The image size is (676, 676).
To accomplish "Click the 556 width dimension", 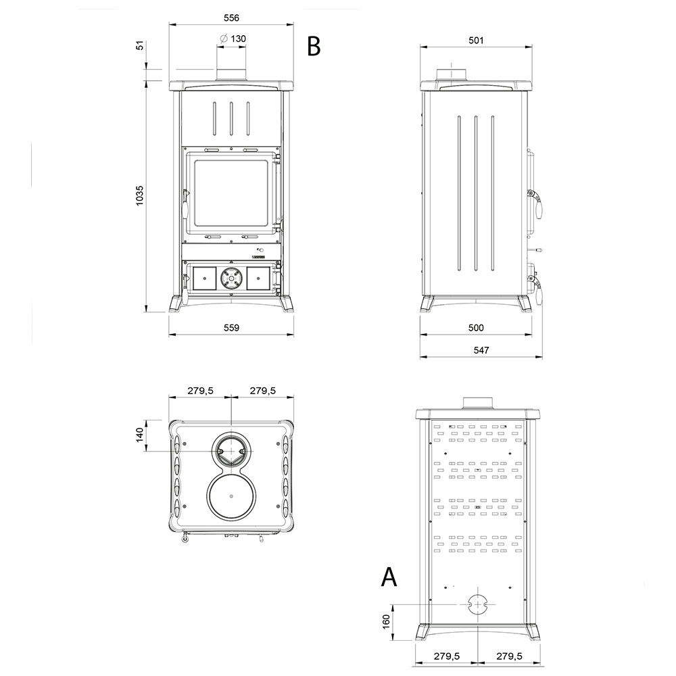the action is point(231,18).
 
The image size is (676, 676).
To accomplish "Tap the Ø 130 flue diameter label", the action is point(233,39).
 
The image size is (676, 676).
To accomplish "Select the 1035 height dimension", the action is point(140,195).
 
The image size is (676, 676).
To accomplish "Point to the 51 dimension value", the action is point(140,45).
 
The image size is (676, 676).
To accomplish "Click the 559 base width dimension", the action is point(231,328).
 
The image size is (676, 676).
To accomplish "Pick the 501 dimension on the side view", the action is point(476,40).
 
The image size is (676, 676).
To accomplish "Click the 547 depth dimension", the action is point(481,350).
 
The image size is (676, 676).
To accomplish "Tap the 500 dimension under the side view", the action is point(476,328).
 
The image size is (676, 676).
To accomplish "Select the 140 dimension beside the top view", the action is point(140,435).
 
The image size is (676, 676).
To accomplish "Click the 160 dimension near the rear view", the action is point(386,621).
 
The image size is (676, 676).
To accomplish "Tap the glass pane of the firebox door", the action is point(231,193).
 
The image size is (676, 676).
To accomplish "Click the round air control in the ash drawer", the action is point(231,279).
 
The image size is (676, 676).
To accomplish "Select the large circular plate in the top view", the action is point(231,496).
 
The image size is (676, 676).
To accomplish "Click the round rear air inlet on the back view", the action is point(476,604).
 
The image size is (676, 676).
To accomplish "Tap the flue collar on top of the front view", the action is point(231,74).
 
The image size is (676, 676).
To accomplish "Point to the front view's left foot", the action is point(174,304).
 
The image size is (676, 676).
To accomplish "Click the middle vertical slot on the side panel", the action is point(476,193).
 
